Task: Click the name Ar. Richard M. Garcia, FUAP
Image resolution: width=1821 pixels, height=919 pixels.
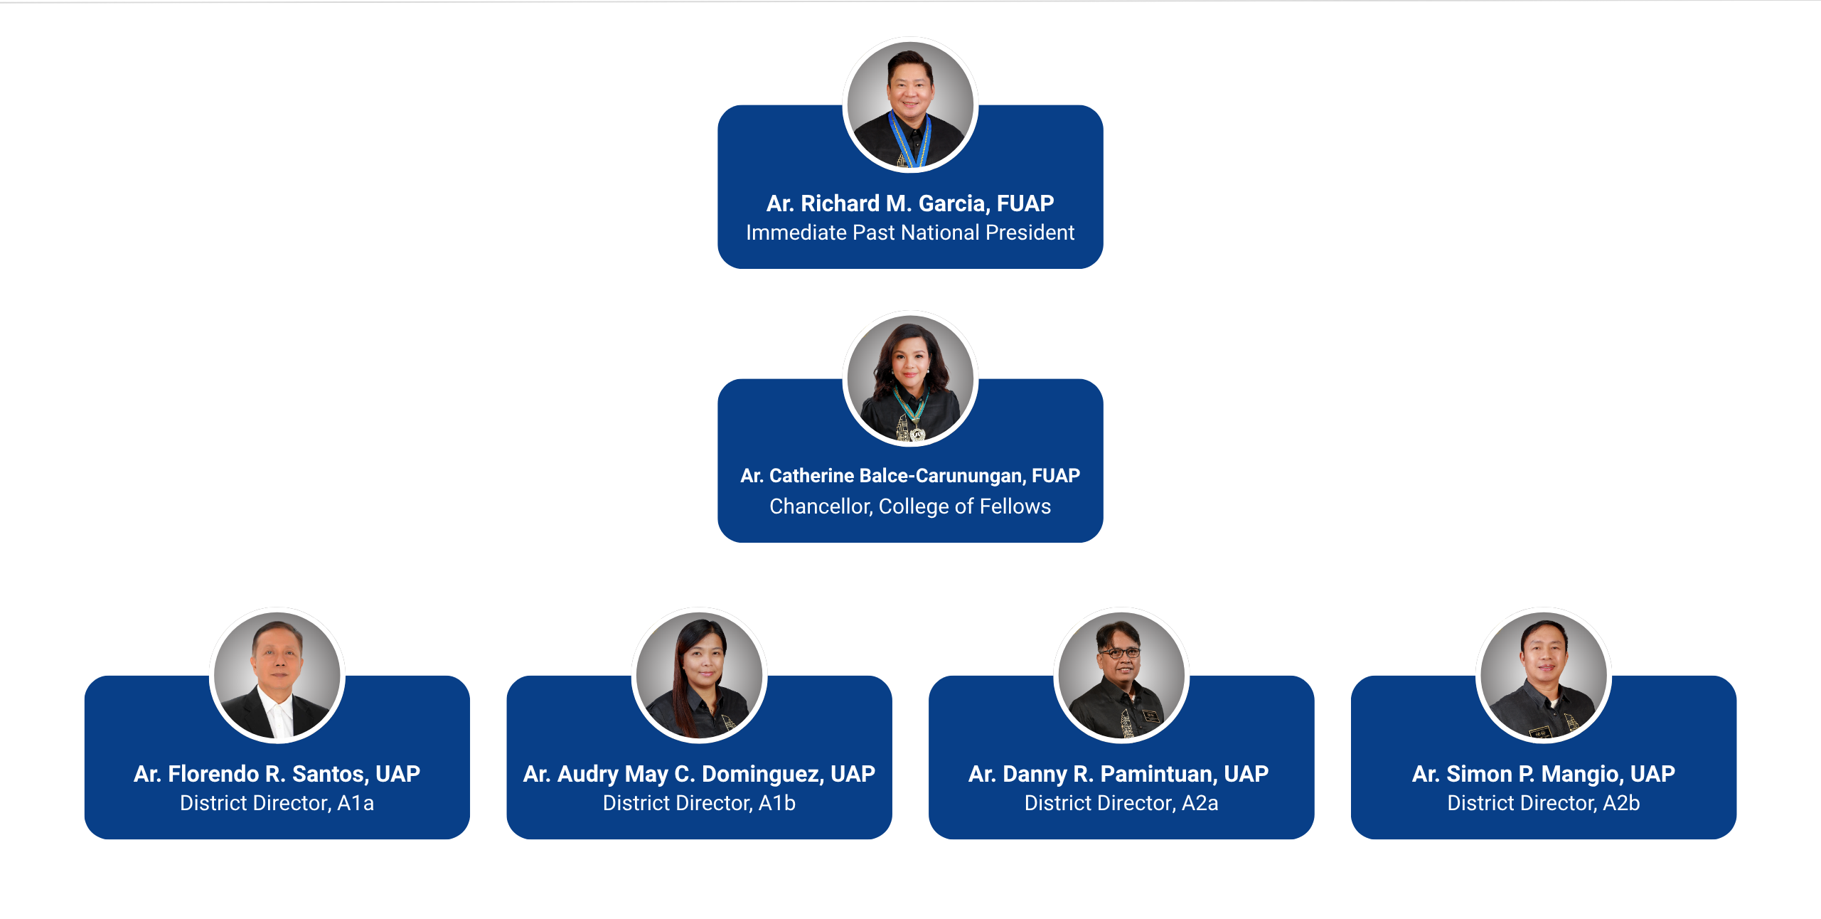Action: coord(910,203)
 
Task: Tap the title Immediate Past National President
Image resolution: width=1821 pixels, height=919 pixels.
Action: coord(910,233)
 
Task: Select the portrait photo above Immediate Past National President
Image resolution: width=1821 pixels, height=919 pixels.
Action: coord(910,105)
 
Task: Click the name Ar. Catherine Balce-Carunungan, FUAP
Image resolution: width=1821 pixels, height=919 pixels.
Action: coord(910,475)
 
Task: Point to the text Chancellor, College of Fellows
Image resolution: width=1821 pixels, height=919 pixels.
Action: coord(910,506)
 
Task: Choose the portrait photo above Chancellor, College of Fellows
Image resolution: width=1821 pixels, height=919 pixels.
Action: coord(910,378)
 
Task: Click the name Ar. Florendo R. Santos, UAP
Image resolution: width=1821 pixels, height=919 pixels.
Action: coord(277,774)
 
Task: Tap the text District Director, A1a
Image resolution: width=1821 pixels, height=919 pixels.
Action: coord(277,803)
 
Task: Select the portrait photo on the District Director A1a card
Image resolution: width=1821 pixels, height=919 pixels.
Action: coord(277,675)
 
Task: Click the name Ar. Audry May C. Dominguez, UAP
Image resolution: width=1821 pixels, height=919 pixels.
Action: coord(699,774)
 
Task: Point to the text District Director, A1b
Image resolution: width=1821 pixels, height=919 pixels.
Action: coord(699,803)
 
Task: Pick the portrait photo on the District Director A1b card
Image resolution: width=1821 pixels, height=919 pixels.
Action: coord(699,675)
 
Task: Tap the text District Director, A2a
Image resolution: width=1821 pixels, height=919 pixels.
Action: coord(1121,803)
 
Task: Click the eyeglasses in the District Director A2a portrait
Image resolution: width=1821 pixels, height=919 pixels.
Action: coord(1120,652)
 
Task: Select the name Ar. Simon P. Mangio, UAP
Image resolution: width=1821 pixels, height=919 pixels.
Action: coord(1544,774)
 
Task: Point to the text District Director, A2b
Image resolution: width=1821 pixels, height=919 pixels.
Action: coord(1544,803)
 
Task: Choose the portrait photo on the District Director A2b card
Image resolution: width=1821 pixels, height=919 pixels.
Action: coord(1544,675)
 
